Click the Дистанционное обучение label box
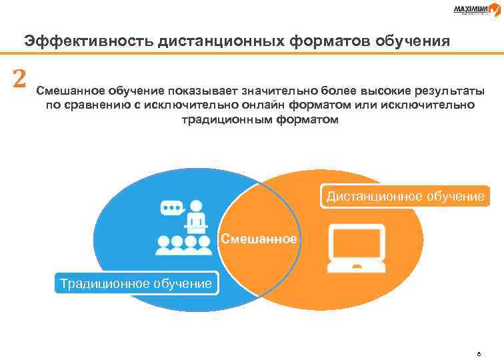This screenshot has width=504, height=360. tap(405, 197)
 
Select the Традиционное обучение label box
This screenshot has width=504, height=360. tap(136, 283)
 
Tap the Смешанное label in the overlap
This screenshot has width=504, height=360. tap(259, 238)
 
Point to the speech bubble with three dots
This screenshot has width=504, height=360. tap(171, 207)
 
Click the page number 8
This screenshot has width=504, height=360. tap(478, 354)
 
